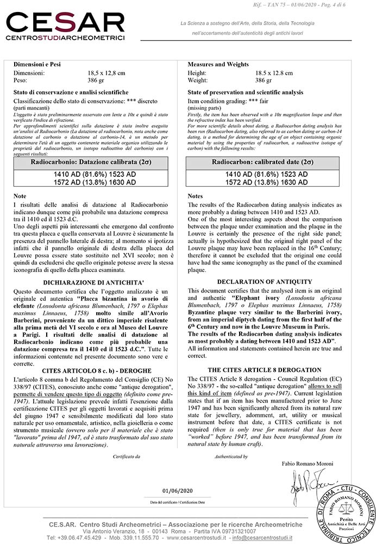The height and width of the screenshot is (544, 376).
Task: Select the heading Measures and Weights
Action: (215, 64)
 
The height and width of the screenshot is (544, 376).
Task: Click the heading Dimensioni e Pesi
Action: (36, 64)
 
